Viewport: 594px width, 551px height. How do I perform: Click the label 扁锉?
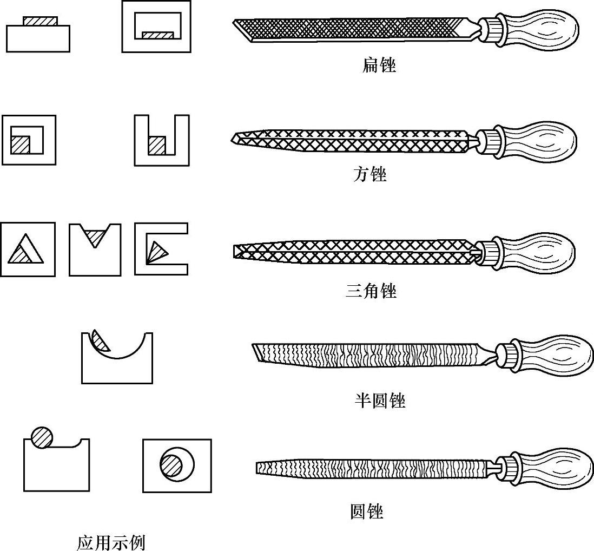point(379,66)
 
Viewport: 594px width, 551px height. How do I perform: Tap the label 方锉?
point(370,175)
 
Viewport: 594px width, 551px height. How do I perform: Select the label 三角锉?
point(371,291)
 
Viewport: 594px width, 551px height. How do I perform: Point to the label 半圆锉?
point(379,401)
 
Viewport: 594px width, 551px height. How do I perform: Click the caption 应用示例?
point(111,542)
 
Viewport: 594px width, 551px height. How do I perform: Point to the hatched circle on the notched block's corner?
point(42,437)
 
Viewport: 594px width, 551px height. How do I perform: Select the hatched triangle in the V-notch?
point(95,237)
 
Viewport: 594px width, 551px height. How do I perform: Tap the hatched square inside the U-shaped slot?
point(157,145)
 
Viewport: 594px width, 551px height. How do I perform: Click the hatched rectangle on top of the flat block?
point(40,21)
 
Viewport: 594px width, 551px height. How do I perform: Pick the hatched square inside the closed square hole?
point(20,145)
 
